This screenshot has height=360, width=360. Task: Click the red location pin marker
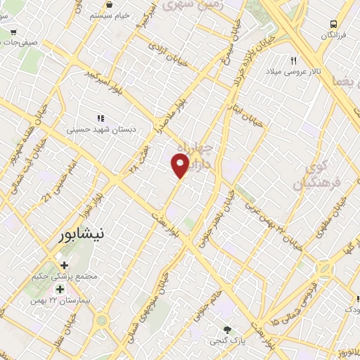point(181,166)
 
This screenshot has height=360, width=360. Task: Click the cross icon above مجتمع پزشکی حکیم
point(65,266)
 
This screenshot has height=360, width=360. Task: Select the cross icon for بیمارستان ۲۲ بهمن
point(60,289)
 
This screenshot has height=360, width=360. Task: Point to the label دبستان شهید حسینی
point(100,129)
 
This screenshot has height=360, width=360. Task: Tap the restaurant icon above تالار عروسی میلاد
point(293,60)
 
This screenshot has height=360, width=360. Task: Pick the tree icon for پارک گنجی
point(227,330)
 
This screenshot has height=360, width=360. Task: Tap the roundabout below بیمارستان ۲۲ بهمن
point(103,321)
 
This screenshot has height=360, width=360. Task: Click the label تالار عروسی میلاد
point(293,72)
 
